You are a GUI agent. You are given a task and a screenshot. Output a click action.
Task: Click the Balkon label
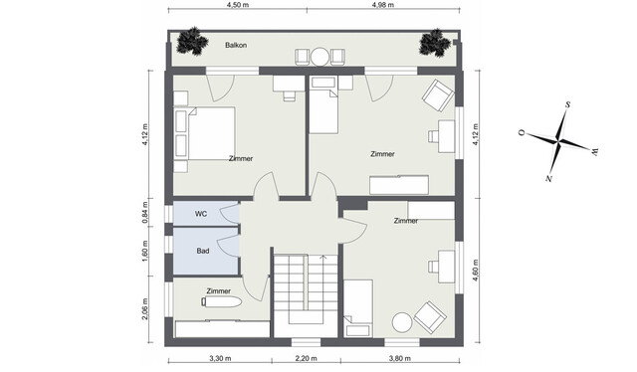click(x=236, y=46)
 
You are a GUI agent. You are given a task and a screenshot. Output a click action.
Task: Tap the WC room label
click(x=200, y=214)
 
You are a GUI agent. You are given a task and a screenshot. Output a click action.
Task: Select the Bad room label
click(x=202, y=252)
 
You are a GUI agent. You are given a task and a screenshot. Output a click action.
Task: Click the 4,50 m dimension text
click(x=238, y=5)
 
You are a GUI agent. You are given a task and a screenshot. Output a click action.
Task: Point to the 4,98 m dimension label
click(x=382, y=5)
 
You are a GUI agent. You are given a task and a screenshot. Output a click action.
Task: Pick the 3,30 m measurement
click(x=220, y=358)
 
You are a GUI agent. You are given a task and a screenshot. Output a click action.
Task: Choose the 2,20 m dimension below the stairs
click(x=307, y=358)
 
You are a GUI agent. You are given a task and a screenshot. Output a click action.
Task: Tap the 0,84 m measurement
click(x=145, y=213)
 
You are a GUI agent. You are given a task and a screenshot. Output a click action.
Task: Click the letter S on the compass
click(x=566, y=103)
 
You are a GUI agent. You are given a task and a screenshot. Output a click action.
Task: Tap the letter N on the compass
click(x=548, y=178)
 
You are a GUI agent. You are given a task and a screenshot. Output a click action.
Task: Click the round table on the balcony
click(x=320, y=57)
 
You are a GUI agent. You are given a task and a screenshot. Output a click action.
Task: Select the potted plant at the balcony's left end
click(x=189, y=43)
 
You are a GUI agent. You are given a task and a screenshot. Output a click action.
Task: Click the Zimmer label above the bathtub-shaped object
click(x=218, y=291)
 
